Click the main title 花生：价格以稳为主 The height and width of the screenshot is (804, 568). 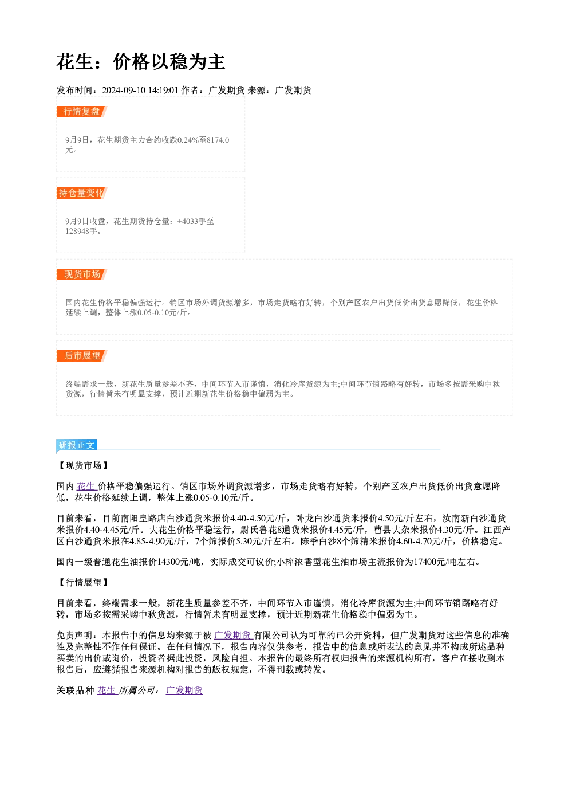pos(140,62)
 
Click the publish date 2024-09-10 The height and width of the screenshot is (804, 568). pos(124,90)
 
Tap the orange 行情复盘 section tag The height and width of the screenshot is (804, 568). pos(82,112)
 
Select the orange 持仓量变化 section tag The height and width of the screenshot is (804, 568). pos(82,193)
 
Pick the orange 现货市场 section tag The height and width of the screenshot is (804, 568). pos(82,274)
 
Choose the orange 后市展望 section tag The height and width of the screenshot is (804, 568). pos(82,356)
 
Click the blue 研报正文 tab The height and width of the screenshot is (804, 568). pos(77,445)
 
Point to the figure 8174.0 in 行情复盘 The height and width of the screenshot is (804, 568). pos(218,140)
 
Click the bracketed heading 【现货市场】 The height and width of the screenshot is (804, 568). pos(83,465)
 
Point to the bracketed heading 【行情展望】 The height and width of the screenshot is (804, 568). pos(83,583)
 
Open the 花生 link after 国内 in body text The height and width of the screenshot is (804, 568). pos(86,486)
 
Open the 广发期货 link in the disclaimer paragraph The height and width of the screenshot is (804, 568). pos(234,636)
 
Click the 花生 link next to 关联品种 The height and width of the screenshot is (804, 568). pos(107,690)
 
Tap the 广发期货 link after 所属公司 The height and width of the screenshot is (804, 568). pos(184,690)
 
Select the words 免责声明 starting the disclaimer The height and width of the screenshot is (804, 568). pos(74,636)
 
